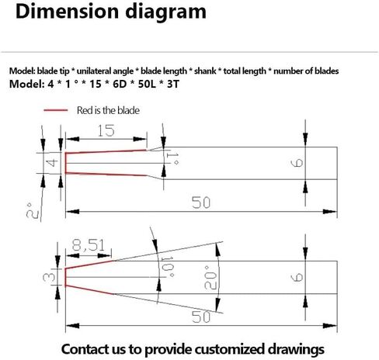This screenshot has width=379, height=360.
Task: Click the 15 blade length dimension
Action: click(x=106, y=130)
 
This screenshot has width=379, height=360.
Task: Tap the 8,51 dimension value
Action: click(x=89, y=245)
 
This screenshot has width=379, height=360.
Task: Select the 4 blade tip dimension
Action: click(x=52, y=163)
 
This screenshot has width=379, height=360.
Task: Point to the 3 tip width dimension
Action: click(x=49, y=277)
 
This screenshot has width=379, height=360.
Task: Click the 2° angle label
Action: click(x=33, y=210)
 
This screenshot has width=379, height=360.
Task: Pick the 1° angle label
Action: click(x=172, y=158)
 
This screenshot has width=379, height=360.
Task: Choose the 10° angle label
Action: click(x=167, y=267)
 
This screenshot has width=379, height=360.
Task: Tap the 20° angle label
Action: click(x=210, y=278)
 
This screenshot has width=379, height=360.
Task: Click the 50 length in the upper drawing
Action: click(x=201, y=202)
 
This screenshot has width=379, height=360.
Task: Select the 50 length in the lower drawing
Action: click(x=201, y=317)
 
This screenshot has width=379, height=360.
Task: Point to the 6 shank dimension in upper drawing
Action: click(x=297, y=163)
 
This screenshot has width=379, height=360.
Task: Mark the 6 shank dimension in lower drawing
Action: click(x=297, y=278)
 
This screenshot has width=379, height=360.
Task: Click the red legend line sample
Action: click(x=56, y=110)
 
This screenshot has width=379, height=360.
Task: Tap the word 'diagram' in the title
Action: click(x=165, y=12)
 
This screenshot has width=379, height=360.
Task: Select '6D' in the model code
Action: click(x=120, y=84)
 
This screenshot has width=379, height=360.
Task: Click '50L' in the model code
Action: click(x=147, y=84)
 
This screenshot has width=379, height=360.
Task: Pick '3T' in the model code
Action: click(x=173, y=84)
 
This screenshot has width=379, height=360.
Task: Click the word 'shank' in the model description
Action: click(x=205, y=71)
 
